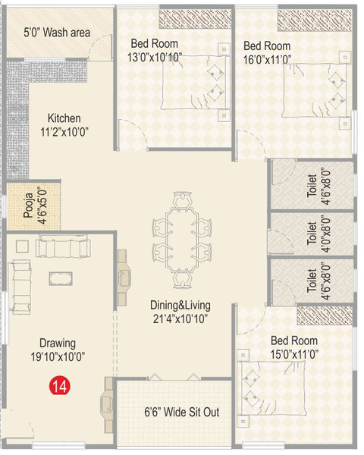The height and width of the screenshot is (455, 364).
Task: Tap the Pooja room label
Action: pyautogui.click(x=33, y=203)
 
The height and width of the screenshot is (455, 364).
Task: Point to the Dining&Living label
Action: pyautogui.click(x=178, y=311)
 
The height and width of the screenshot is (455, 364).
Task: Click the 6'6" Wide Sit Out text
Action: pyautogui.click(x=182, y=414)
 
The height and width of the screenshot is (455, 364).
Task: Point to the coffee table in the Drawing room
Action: pyautogui.click(x=61, y=278)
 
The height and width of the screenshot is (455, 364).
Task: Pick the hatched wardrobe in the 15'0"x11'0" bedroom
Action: pyautogui.click(x=325, y=315)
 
